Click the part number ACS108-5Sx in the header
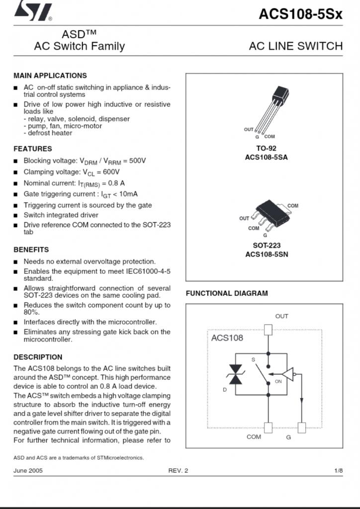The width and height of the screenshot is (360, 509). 300,14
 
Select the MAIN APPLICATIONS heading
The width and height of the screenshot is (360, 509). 50,76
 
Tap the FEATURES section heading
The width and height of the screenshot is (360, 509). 32,149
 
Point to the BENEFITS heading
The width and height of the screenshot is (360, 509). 31,250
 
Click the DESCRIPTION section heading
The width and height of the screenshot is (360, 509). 38,357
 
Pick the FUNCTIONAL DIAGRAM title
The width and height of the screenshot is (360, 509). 227,293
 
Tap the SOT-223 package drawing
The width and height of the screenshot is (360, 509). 269,215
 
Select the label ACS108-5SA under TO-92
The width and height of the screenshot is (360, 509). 266,158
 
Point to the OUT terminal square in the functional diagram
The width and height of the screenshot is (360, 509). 269,329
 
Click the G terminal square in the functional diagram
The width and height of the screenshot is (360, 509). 301,427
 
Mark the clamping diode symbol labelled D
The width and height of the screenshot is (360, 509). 235,374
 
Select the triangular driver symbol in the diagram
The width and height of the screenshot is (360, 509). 288,374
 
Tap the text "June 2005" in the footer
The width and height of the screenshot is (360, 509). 28,471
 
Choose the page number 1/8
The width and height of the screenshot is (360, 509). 338,471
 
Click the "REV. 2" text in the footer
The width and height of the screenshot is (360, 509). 178,471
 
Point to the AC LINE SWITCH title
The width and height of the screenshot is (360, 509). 295,46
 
